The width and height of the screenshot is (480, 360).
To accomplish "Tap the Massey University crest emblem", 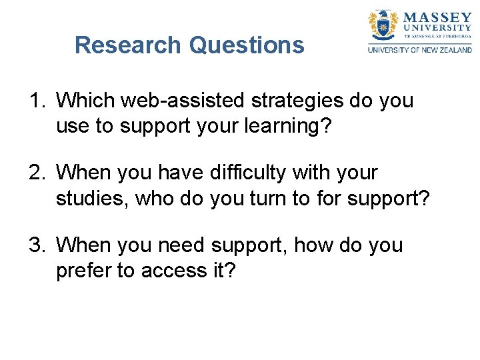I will click(x=383, y=25).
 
